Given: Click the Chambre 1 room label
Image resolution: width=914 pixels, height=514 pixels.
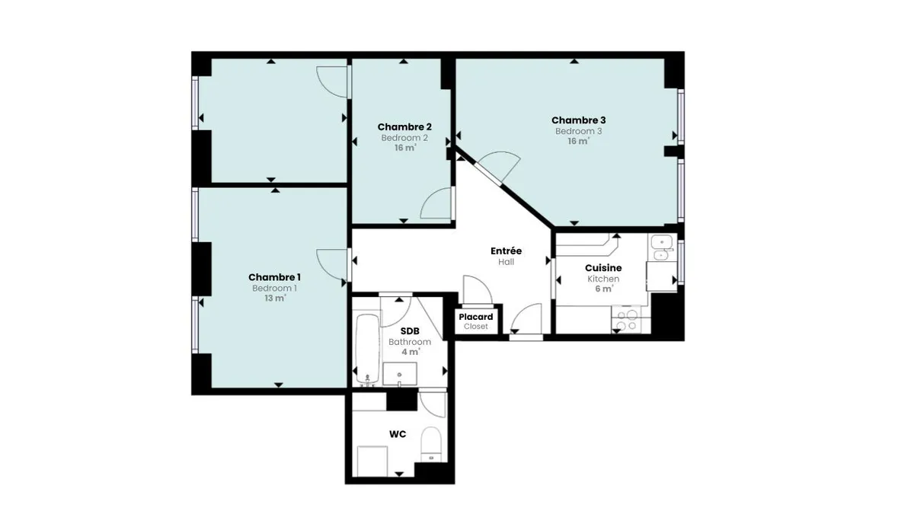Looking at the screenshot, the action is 275,277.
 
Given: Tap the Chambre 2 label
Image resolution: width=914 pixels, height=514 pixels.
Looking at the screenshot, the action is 404,127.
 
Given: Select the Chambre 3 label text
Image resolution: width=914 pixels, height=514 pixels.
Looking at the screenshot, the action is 579,120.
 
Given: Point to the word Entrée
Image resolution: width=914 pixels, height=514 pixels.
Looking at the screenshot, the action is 506,251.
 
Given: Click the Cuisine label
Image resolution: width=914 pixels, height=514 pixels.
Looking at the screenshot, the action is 603,268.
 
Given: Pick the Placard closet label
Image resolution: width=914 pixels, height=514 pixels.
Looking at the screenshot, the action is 476,317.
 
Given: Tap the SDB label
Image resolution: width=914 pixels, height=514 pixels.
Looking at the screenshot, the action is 410,330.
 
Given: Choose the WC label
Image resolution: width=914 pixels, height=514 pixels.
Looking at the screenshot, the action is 398,434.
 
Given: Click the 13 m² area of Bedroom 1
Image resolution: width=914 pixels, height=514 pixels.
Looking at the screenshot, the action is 275,299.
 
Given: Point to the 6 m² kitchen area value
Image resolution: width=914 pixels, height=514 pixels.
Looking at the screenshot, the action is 604,289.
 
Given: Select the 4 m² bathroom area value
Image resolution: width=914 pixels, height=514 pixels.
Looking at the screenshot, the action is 411,352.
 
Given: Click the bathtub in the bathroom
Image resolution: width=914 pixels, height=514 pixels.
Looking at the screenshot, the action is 367,350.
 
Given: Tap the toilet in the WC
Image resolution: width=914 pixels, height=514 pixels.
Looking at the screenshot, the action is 431,444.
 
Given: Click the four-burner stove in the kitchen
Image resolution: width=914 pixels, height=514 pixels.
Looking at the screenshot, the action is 626,320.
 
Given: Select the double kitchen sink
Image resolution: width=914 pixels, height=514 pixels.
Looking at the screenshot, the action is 662,247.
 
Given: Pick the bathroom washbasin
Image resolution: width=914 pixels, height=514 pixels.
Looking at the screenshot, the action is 399,374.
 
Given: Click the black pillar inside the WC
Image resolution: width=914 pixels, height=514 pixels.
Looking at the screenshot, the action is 402,399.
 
